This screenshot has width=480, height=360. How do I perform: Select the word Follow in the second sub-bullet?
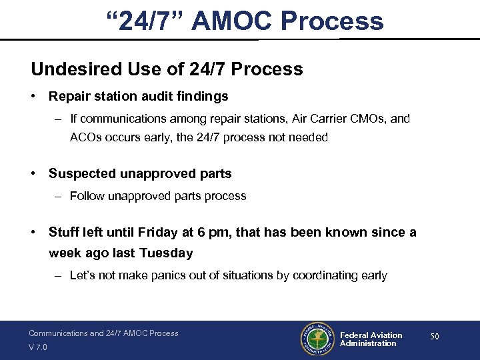tap(87, 196)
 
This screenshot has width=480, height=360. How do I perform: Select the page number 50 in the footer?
tap(435, 337)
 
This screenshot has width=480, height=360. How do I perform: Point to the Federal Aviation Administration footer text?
tap(371, 339)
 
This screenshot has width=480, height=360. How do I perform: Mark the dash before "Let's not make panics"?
tap(59, 275)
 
